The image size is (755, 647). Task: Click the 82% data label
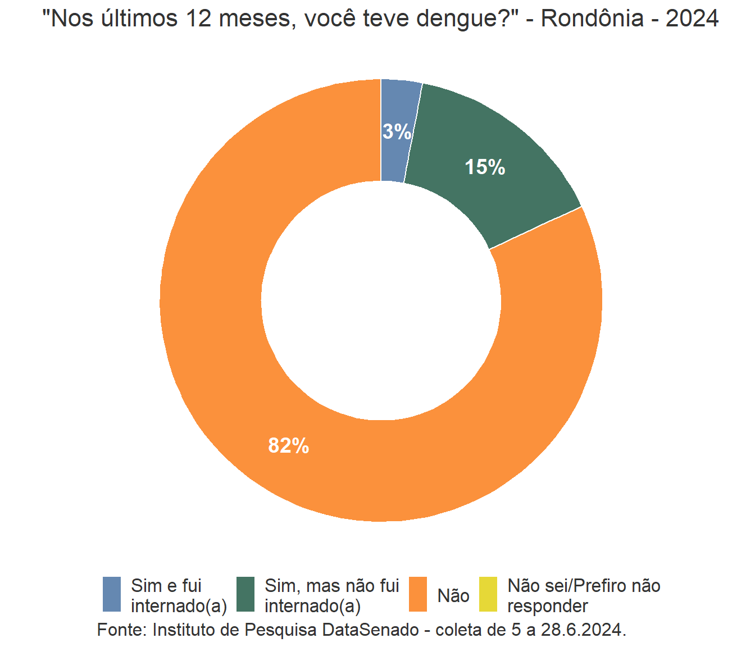[x=289, y=446]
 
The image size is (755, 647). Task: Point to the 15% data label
[x=485, y=167]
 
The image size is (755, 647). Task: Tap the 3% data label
[x=397, y=132]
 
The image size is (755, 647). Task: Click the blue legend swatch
[x=112, y=594]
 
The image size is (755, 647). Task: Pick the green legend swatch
[x=245, y=594]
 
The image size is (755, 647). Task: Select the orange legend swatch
[x=417, y=594]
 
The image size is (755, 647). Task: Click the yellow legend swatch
[x=488, y=594]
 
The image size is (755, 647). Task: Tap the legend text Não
[x=453, y=595]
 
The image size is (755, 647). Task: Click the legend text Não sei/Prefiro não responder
[x=584, y=595]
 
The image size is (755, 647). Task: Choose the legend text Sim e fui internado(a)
[x=179, y=595]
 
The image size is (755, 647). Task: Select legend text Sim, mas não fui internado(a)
[x=331, y=595]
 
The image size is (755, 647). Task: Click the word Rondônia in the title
[x=592, y=19]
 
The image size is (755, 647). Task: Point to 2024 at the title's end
[x=692, y=19]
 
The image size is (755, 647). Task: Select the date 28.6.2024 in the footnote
[x=582, y=630]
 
